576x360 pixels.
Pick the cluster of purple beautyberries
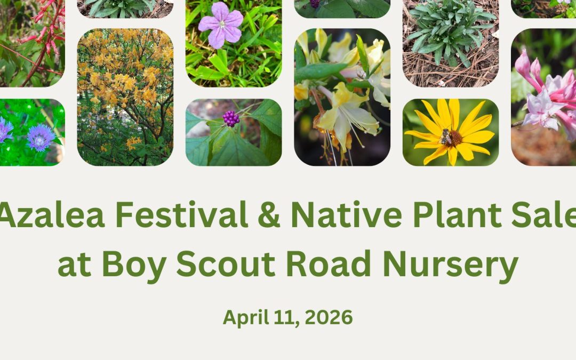[231, 118]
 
